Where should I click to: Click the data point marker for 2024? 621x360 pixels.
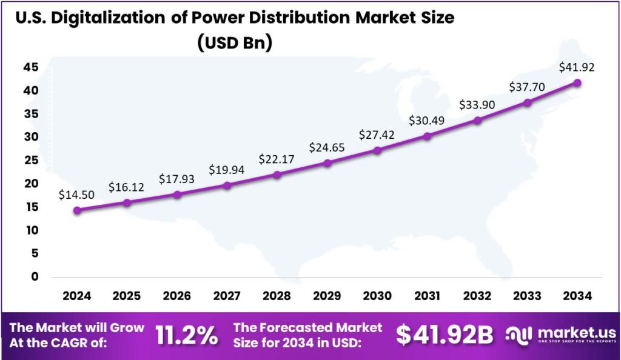(77, 210)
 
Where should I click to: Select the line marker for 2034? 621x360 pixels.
(577, 82)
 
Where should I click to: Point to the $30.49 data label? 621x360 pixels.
(428, 121)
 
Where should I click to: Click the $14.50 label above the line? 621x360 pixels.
(76, 195)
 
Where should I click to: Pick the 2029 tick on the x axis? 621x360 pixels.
(327, 296)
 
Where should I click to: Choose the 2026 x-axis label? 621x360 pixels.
(177, 296)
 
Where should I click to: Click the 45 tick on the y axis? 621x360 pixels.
(31, 67)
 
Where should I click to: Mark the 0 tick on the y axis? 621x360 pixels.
(35, 277)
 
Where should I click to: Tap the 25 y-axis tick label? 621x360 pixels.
(31, 161)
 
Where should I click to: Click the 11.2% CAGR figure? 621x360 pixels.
(187, 335)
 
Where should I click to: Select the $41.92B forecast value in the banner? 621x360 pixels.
(445, 335)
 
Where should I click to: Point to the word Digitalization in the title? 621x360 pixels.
(114, 18)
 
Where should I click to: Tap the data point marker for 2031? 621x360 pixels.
(428, 136)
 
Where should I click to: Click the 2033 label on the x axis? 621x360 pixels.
(528, 296)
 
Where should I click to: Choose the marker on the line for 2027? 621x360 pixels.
(227, 185)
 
